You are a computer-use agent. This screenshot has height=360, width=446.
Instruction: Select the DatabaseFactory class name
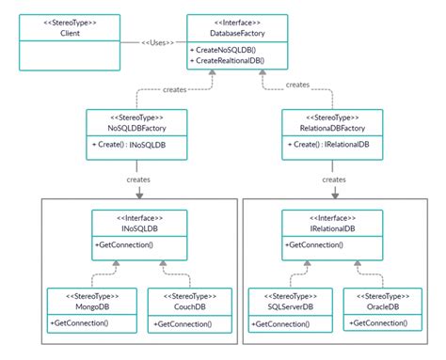pyautogui.click(x=224, y=33)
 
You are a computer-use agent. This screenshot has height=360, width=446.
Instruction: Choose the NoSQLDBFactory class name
pyautogui.click(x=137, y=129)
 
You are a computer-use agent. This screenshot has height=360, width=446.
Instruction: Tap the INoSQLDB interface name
pyautogui.click(x=138, y=228)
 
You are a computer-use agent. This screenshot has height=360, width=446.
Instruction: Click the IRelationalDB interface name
pyautogui.click(x=330, y=228)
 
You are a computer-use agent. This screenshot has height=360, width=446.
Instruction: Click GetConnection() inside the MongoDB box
pyautogui.click(x=83, y=322)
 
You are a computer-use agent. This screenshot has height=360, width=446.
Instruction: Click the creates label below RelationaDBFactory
pyautogui.click(x=333, y=179)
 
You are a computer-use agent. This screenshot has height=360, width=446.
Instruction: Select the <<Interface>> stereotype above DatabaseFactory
pyautogui.click(x=224, y=21)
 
